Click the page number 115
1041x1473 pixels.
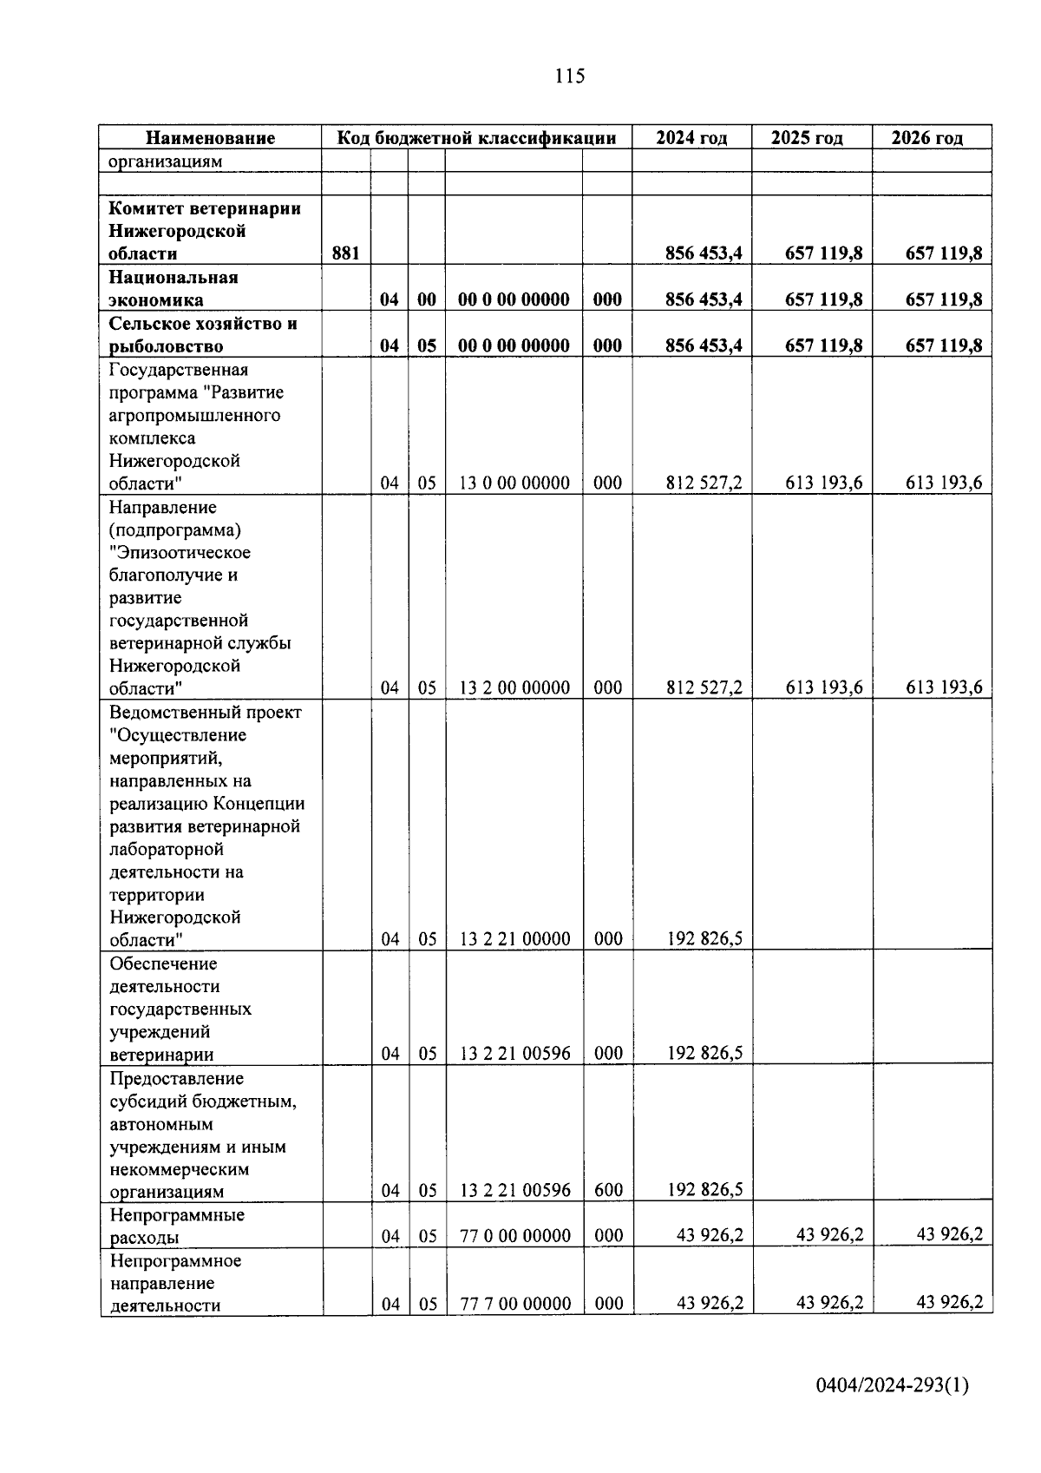(x=570, y=76)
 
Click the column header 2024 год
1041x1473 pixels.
(x=691, y=138)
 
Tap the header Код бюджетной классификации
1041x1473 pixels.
(x=476, y=138)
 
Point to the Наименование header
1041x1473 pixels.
(x=210, y=138)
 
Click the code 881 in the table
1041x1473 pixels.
(x=346, y=253)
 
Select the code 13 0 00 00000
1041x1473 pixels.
(x=514, y=483)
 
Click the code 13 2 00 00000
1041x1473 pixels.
(x=514, y=688)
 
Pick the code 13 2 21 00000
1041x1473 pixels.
(x=514, y=939)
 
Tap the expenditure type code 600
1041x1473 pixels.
(x=608, y=1190)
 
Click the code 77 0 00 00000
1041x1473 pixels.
(x=514, y=1236)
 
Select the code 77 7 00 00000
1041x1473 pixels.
(x=514, y=1304)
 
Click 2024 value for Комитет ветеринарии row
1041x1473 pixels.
(x=704, y=253)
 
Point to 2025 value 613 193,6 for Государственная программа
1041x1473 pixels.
(x=823, y=483)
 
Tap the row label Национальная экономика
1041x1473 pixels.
(x=173, y=289)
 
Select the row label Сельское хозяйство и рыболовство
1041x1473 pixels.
(x=203, y=335)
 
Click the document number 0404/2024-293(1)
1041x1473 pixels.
(x=892, y=1385)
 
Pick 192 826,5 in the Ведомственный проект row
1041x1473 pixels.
(x=704, y=939)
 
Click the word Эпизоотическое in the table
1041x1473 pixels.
(x=180, y=553)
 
